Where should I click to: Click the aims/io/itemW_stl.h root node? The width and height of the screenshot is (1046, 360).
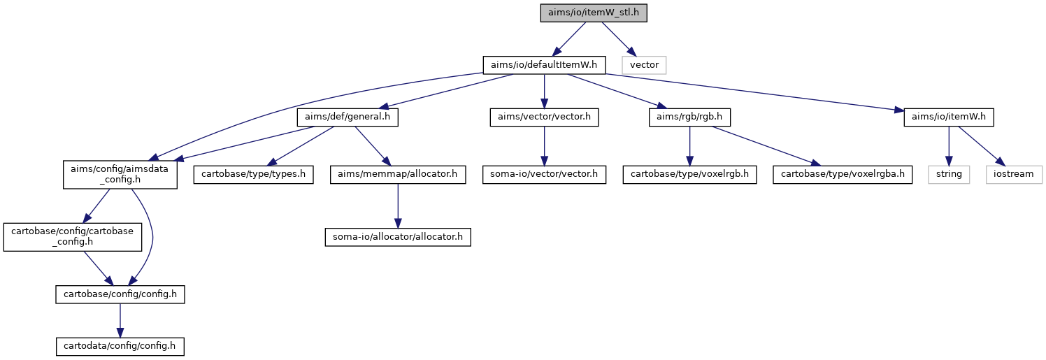[594, 13]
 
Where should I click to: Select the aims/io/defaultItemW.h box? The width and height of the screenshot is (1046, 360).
[544, 65]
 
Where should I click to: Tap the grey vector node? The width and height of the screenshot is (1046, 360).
[644, 65]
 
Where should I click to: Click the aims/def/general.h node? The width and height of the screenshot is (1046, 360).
[348, 117]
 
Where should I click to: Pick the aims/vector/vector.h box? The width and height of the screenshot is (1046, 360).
[544, 117]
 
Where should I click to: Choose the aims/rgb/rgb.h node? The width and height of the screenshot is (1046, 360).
[689, 117]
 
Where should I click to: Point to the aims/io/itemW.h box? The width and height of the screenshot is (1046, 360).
[948, 117]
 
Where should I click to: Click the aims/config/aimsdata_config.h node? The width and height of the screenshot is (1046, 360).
[120, 175]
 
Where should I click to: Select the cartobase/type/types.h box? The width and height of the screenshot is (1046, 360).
[253, 174]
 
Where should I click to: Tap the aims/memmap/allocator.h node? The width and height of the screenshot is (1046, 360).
[397, 174]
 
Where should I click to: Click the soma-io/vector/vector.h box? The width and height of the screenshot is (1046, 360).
[544, 174]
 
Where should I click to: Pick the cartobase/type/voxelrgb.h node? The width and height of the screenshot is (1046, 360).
[689, 174]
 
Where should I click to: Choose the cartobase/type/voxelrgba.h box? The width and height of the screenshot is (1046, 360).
[843, 174]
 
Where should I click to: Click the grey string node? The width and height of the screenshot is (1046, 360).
[948, 174]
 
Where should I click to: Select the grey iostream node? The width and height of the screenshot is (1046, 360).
[1013, 174]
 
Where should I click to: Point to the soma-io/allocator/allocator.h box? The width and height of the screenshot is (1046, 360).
[397, 237]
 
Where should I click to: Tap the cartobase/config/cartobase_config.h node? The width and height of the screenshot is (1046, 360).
[73, 237]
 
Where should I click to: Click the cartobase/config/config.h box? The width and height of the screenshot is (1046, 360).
[120, 294]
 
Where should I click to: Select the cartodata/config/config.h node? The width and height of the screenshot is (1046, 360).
[120, 347]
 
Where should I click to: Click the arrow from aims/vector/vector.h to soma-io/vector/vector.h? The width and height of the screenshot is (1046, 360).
[544, 145]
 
